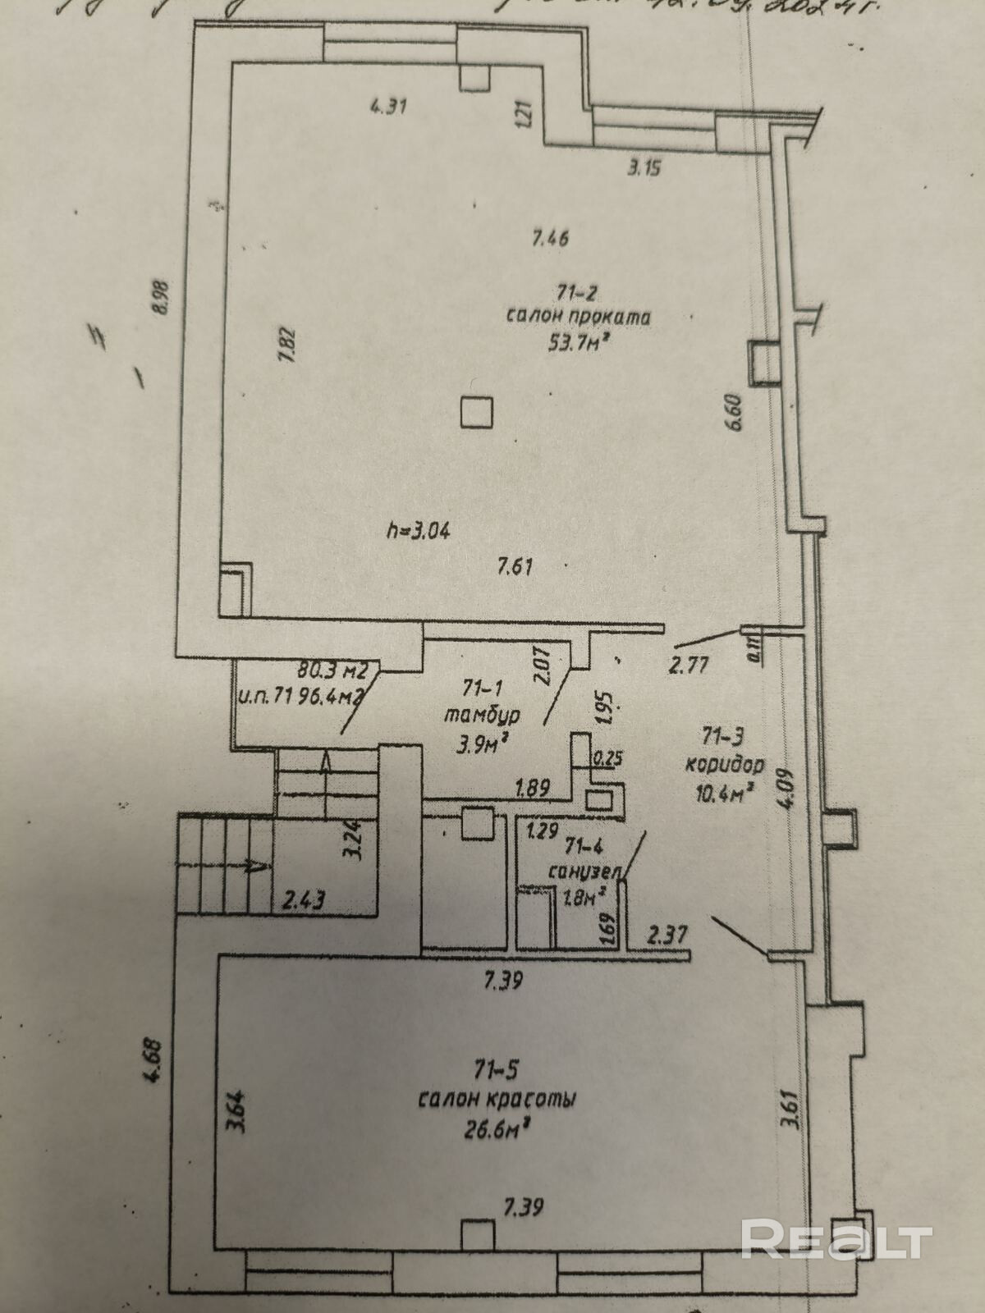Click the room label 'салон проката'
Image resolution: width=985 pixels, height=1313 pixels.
pyautogui.click(x=578, y=317)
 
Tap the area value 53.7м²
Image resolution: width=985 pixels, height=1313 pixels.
pyautogui.click(x=583, y=341)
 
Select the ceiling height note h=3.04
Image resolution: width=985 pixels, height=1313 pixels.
pyautogui.click(x=419, y=530)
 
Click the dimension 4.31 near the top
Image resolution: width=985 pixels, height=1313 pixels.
pyautogui.click(x=390, y=106)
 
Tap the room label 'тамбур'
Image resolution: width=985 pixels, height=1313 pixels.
pyautogui.click(x=482, y=715)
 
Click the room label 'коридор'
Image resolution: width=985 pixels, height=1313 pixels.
pyautogui.click(x=724, y=766)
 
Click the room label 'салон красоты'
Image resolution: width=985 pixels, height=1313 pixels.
pyautogui.click(x=497, y=1100)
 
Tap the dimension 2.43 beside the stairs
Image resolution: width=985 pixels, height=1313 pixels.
pyautogui.click(x=304, y=901)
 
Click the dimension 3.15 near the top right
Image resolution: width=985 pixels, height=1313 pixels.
pyautogui.click(x=644, y=170)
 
